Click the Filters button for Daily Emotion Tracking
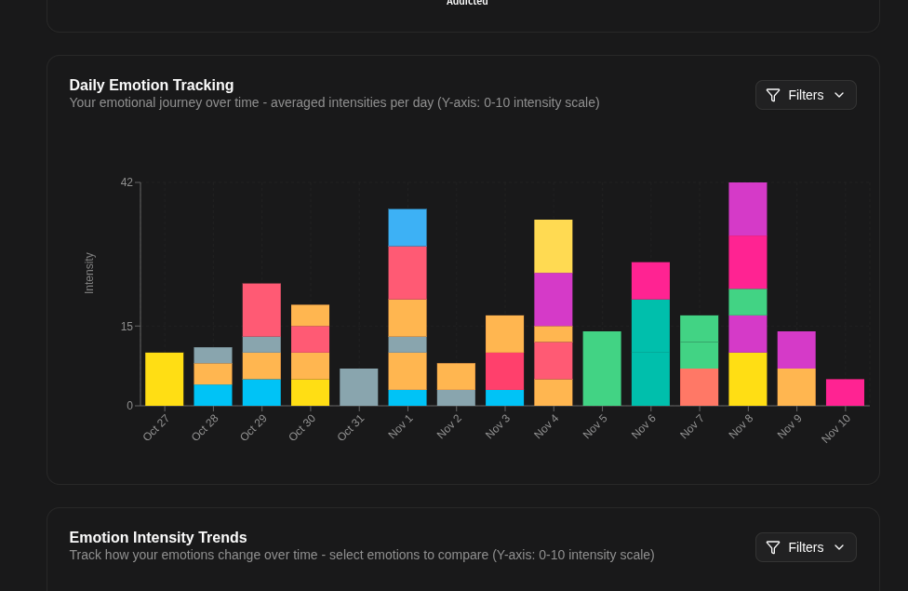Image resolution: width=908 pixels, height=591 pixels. click(x=806, y=95)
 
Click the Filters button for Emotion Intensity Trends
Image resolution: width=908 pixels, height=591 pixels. click(x=806, y=547)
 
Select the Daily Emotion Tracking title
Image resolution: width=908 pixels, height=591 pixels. click(x=152, y=85)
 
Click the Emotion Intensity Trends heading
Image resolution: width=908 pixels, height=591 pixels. click(x=158, y=537)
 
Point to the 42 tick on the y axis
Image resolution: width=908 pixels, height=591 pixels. click(x=127, y=182)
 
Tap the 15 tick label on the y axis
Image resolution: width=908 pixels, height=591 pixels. click(x=127, y=327)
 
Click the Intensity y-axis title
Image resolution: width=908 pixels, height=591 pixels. click(x=89, y=273)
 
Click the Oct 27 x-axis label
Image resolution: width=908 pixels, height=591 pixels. click(x=156, y=427)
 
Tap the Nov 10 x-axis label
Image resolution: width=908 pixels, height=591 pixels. click(x=836, y=428)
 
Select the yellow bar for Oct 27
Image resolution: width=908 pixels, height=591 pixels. click(x=165, y=379)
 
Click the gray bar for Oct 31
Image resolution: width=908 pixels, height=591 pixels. click(x=359, y=387)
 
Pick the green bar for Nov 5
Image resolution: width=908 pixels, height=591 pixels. click(x=602, y=369)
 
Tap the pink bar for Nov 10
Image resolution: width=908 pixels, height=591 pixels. click(x=845, y=392)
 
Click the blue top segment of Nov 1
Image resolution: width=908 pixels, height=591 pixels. click(x=407, y=227)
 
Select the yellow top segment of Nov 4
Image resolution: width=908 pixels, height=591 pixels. click(x=554, y=246)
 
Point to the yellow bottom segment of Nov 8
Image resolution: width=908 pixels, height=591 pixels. click(x=748, y=379)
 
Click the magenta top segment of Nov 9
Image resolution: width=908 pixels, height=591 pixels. click(x=796, y=350)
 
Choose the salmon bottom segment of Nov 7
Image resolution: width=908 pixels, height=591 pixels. click(x=699, y=387)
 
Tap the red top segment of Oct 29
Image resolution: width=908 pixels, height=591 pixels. click(x=261, y=310)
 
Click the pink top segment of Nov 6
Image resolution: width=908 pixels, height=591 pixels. click(x=650, y=280)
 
